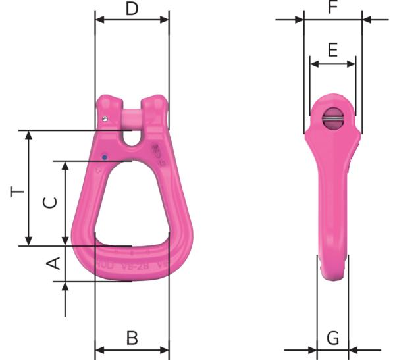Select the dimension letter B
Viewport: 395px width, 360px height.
[x=132, y=338]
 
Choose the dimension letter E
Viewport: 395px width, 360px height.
[x=332, y=51]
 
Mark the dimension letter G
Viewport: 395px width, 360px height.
[x=333, y=338]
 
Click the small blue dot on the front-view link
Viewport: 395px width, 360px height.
[x=104, y=157]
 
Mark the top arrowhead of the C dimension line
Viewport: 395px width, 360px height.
[x=65, y=165]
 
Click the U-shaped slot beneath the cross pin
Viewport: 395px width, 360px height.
[x=132, y=139]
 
